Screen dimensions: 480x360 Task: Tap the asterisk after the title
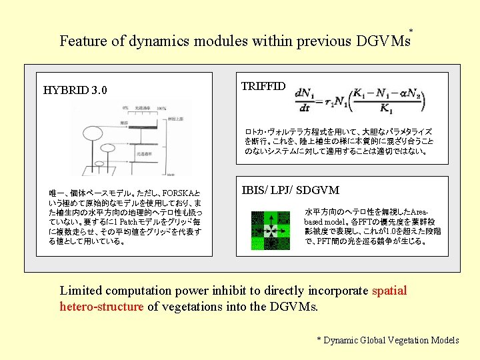411,31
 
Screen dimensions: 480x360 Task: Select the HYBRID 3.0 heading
75,90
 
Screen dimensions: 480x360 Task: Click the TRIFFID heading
263,86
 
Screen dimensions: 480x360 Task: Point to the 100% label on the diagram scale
160,108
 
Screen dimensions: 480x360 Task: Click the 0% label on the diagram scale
125,108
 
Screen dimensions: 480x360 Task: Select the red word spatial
389,290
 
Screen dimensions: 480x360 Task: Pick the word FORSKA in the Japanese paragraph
182,193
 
